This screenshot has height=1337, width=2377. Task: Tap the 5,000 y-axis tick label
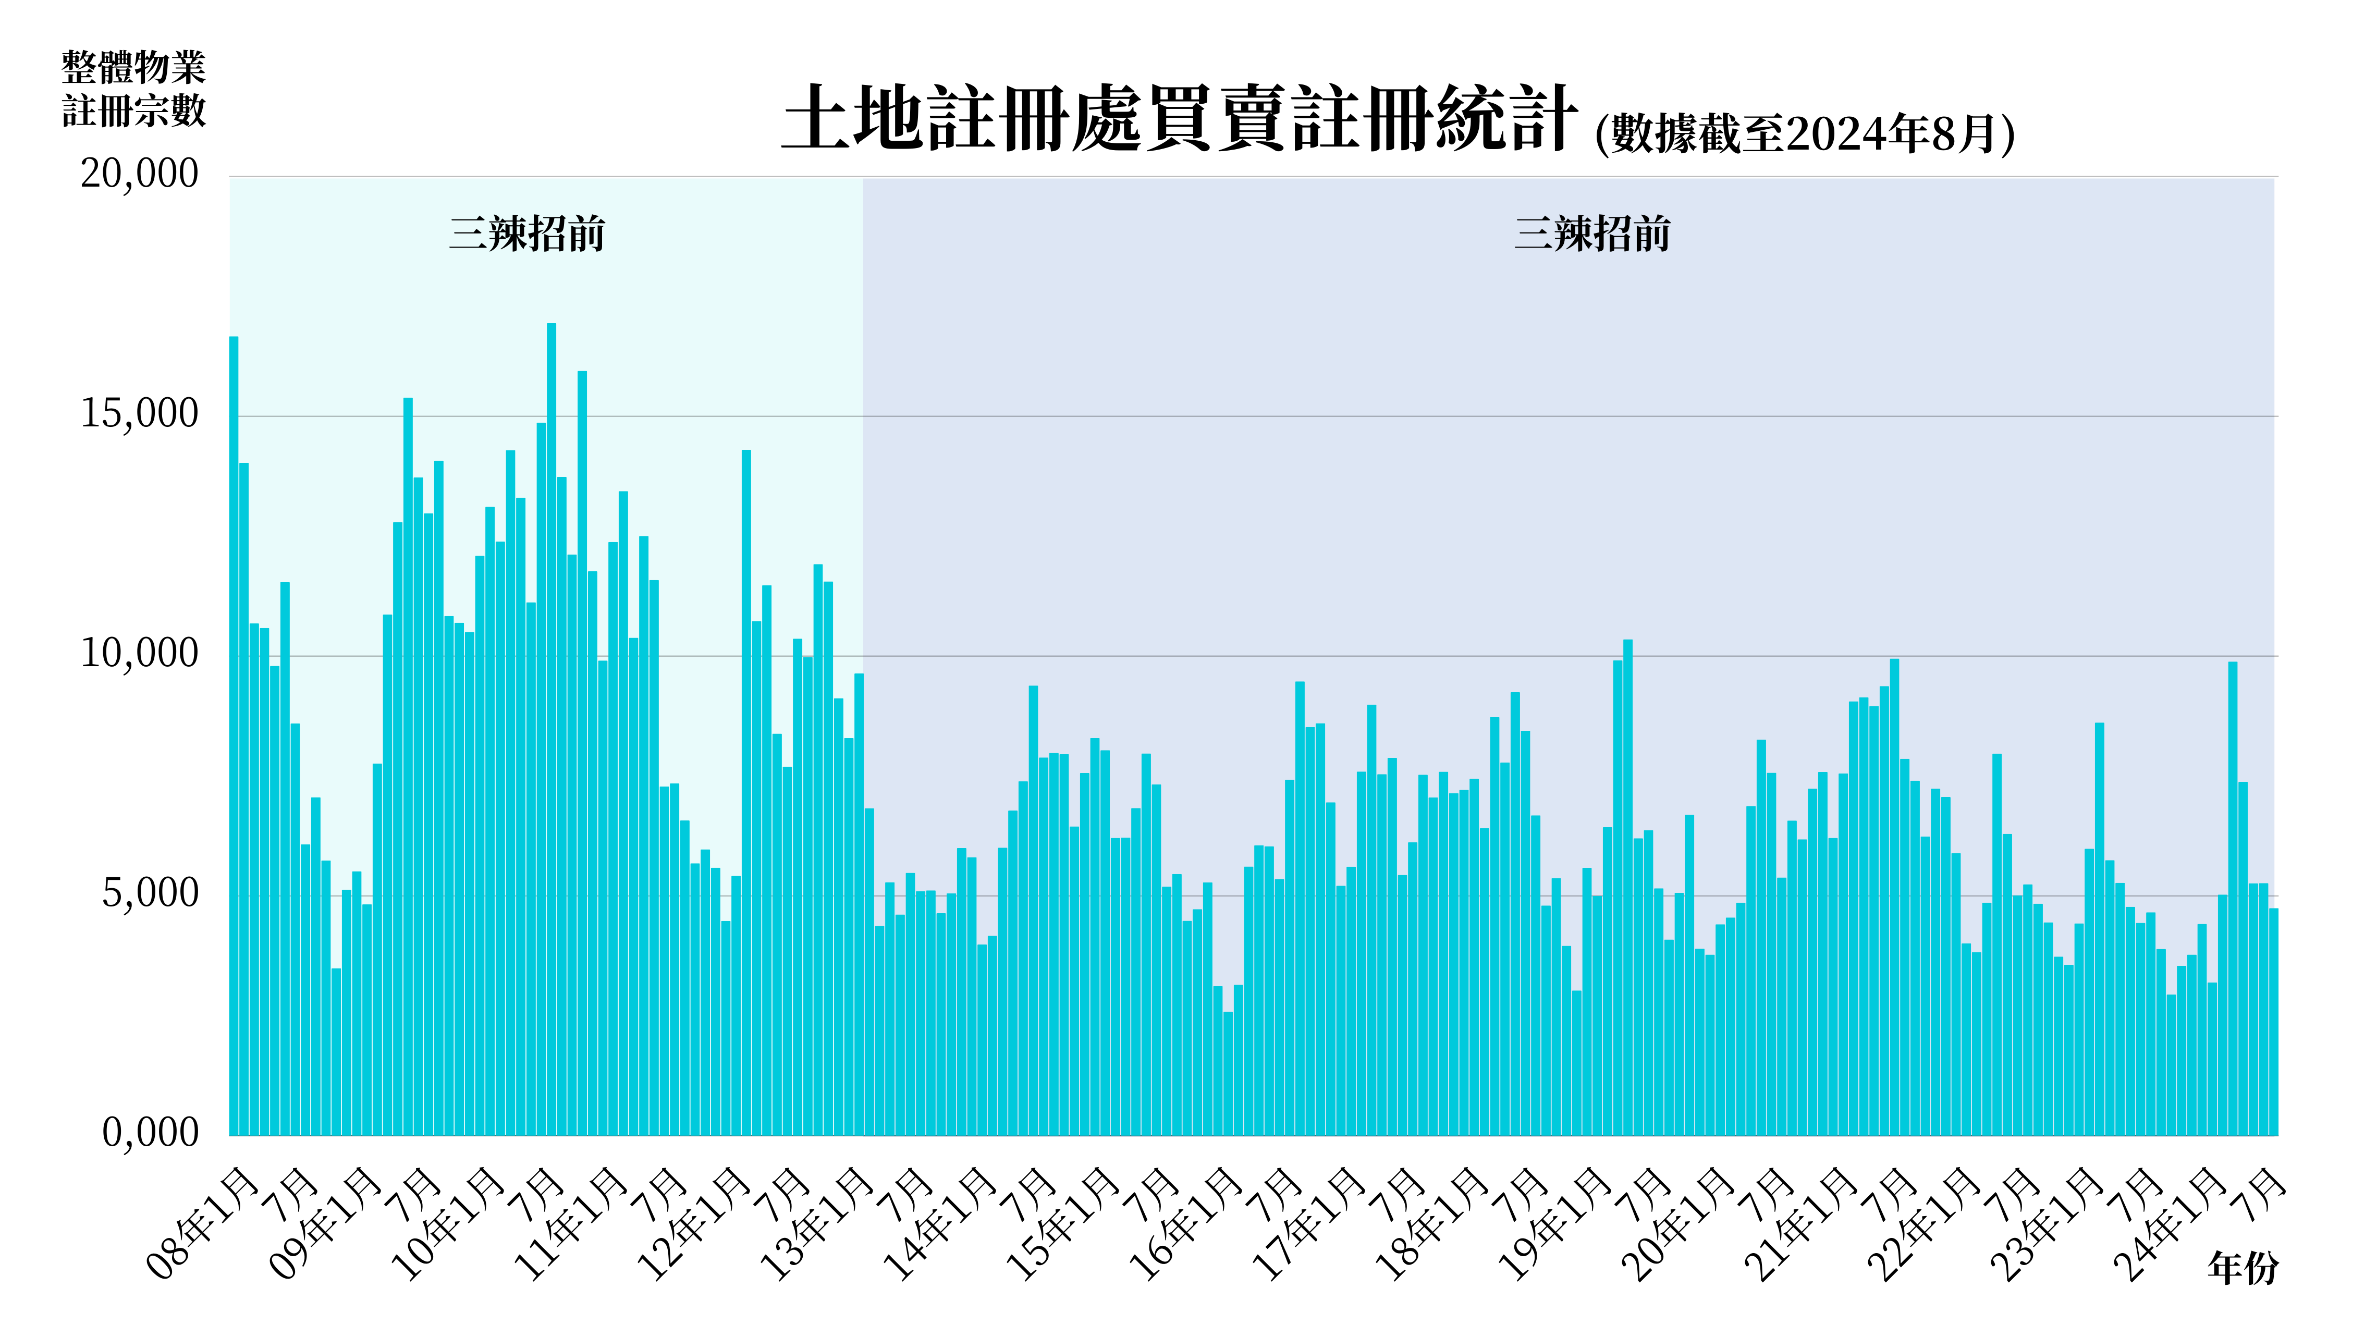tap(150, 893)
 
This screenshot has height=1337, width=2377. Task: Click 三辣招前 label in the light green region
tap(527, 235)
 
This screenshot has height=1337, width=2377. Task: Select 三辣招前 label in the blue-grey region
tap(1592, 235)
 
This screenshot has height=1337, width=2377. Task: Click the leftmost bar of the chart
tap(234, 738)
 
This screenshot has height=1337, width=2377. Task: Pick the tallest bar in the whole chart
tap(551, 729)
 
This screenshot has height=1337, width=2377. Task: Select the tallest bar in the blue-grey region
tap(1628, 886)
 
